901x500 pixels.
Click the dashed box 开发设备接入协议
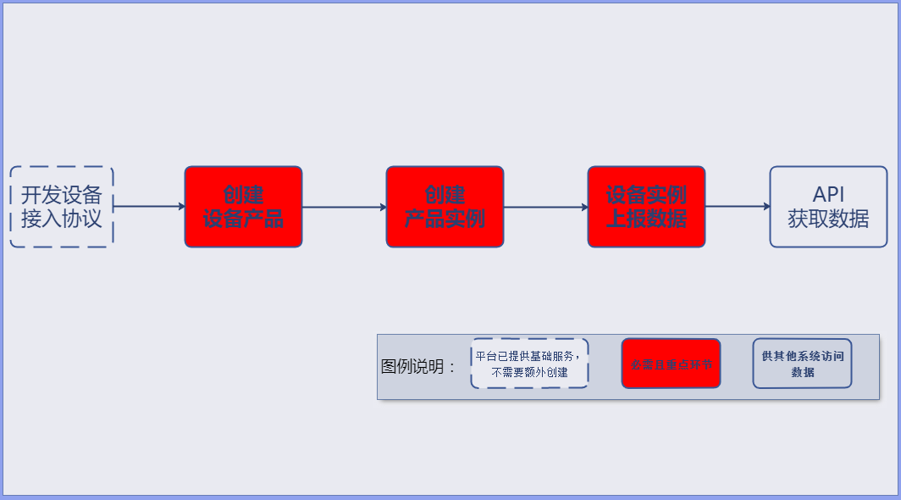[62, 207]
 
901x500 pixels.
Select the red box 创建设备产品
[243, 207]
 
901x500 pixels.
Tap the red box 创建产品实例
[445, 207]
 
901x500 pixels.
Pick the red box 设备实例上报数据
[646, 207]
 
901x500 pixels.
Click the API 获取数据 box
[828, 207]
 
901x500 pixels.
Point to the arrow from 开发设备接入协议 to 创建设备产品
[149, 206]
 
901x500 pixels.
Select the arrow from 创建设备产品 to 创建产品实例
[344, 207]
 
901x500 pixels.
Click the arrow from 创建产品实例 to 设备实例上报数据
[545, 207]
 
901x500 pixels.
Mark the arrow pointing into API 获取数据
[737, 206]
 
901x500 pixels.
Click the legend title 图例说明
[418, 367]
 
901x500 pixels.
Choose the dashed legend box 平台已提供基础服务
[529, 364]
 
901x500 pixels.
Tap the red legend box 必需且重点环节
[671, 364]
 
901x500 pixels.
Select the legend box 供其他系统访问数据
[802, 364]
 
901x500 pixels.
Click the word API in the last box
[828, 194]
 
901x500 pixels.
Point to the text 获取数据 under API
[828, 219]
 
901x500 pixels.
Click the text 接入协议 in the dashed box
[62, 219]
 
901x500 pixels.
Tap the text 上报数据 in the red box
[646, 219]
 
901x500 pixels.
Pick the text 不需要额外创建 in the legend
[529, 372]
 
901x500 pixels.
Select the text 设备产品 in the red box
[243, 219]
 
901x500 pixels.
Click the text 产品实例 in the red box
[445, 219]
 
